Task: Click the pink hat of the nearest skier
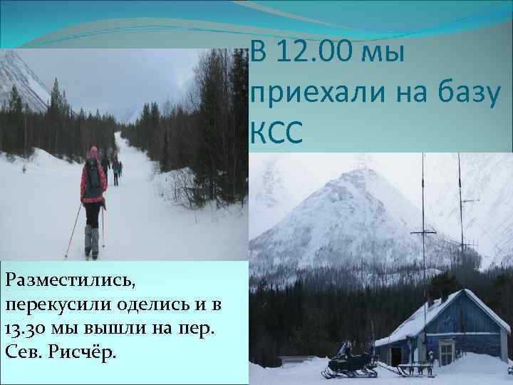pyautogui.click(x=93, y=152)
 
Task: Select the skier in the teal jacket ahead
pyautogui.click(x=115, y=168)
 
